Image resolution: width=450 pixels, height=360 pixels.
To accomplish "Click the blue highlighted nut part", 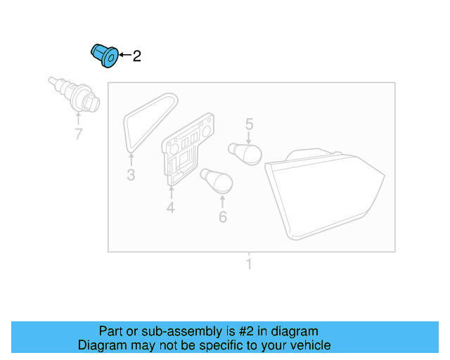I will pos(104,56).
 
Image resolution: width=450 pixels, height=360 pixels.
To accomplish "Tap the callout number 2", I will pos(136,56).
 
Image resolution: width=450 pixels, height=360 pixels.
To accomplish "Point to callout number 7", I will pos(78,134).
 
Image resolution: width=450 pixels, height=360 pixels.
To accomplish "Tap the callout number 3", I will pos(131,175).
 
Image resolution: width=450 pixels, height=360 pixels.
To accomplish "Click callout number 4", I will pos(170,207).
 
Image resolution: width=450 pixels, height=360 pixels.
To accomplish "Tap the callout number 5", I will pos(249,125).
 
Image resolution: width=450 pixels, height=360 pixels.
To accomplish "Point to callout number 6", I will pos(223,217).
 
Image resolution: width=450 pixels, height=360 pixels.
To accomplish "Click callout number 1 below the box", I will pos(248,265).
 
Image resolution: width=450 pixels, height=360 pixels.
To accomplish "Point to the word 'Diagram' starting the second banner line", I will pos(102,345).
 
